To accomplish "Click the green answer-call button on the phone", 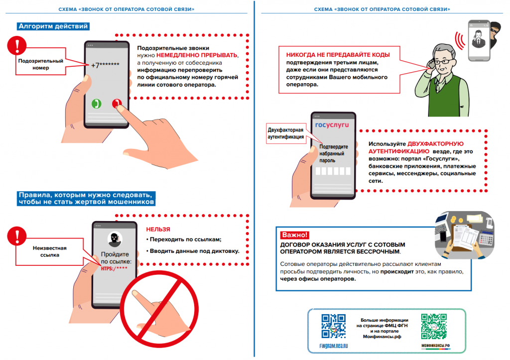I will pos(96,103).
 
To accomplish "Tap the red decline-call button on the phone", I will pos(117,103).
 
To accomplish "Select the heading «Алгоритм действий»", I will pos(53,26).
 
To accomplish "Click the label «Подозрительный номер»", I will pos(34,64).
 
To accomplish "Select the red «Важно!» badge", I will pos(295,235).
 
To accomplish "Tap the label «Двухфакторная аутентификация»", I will pos(286,133).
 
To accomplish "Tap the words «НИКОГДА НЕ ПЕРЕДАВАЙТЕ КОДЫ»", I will pos(338,55).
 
